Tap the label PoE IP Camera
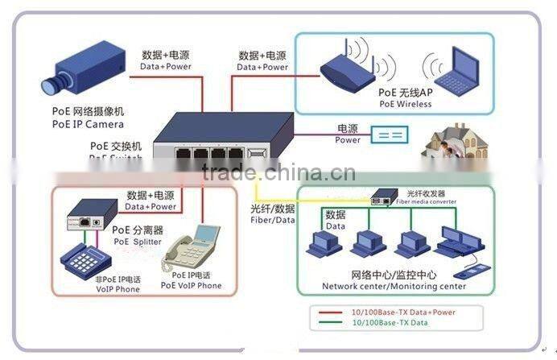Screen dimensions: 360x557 point(89,125)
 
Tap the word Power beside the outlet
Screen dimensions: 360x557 point(348,140)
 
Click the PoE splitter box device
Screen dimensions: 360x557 point(82,217)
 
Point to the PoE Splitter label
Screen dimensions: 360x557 point(136,242)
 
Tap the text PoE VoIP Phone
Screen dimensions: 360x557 point(191,286)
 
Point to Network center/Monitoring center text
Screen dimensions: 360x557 point(394,286)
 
